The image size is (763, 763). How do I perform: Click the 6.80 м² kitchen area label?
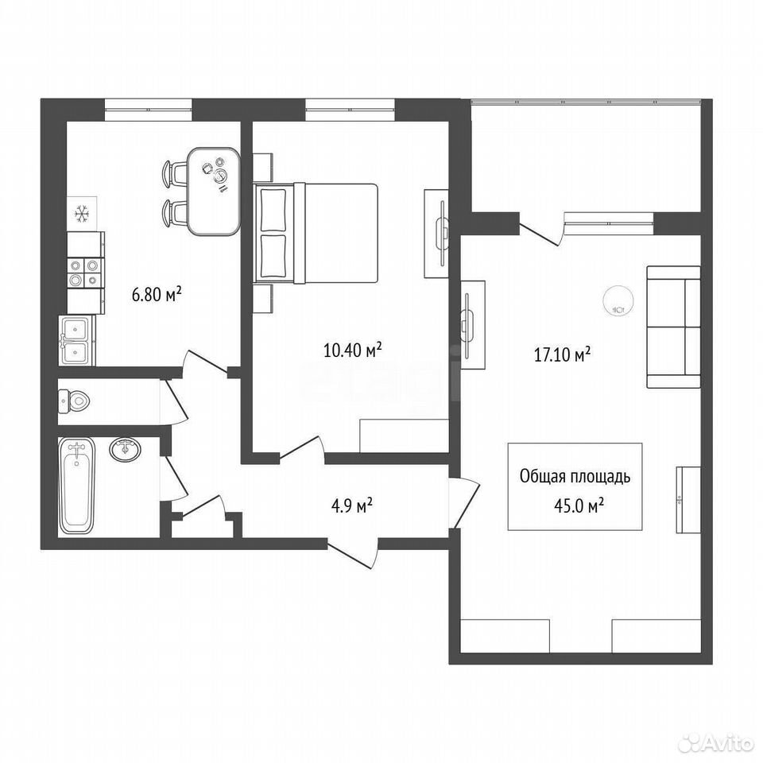pos(157,294)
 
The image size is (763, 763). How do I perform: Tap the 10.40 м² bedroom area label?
pos(352,350)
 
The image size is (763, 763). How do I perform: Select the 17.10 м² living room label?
pos(563,354)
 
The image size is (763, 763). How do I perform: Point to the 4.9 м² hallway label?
pos(352,505)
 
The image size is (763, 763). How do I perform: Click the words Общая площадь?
pos(575,476)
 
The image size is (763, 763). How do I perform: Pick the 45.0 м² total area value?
pos(579,506)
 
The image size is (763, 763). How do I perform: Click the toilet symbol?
pos(74,401)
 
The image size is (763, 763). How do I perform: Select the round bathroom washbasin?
pos(126,448)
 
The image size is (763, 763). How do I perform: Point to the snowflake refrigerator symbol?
pos(81,213)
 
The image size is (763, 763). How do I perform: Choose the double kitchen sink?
pos(76,340)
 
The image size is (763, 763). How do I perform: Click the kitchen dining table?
pos(215,192)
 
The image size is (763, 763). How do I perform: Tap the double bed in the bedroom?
pos(316,233)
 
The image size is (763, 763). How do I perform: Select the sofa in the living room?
pos(673,327)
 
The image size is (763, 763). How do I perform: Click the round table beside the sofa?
pos(619,301)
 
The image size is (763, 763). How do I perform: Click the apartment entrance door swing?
pos(353,554)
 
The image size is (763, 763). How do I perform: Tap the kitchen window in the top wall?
pos(149,110)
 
